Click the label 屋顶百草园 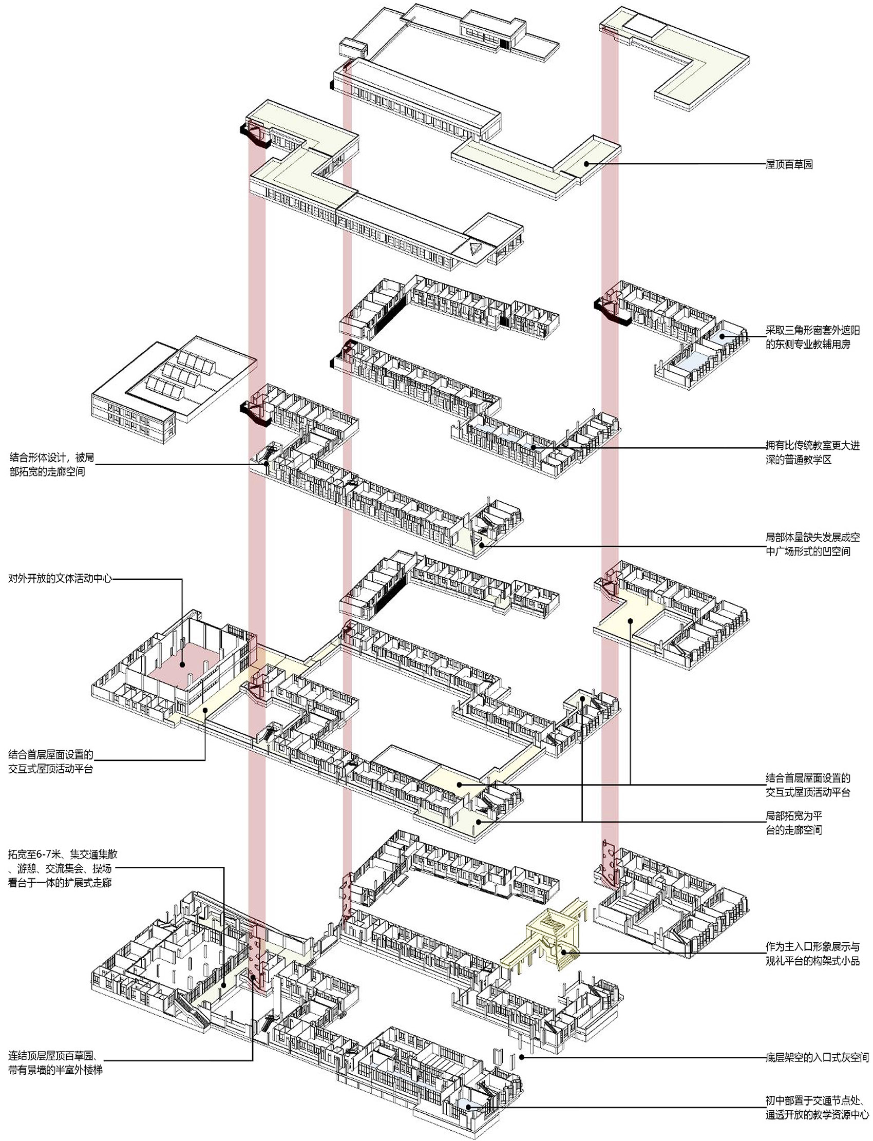coord(789,165)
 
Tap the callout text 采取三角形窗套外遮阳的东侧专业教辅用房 coord(812,337)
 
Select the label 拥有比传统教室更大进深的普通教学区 coord(812,452)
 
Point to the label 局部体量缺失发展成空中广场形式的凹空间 coord(812,544)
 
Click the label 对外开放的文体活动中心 coord(60,578)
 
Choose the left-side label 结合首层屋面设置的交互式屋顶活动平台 coord(50,761)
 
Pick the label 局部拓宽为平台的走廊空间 coord(793,823)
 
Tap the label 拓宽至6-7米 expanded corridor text coord(62,868)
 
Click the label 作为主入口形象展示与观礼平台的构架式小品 coord(812,954)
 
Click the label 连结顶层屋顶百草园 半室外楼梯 coord(54,1062)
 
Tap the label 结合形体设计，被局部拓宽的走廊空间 coord(52,465)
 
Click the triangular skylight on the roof coord(473,248)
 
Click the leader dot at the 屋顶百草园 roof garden coord(586,164)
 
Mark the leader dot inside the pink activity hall coord(183,664)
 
